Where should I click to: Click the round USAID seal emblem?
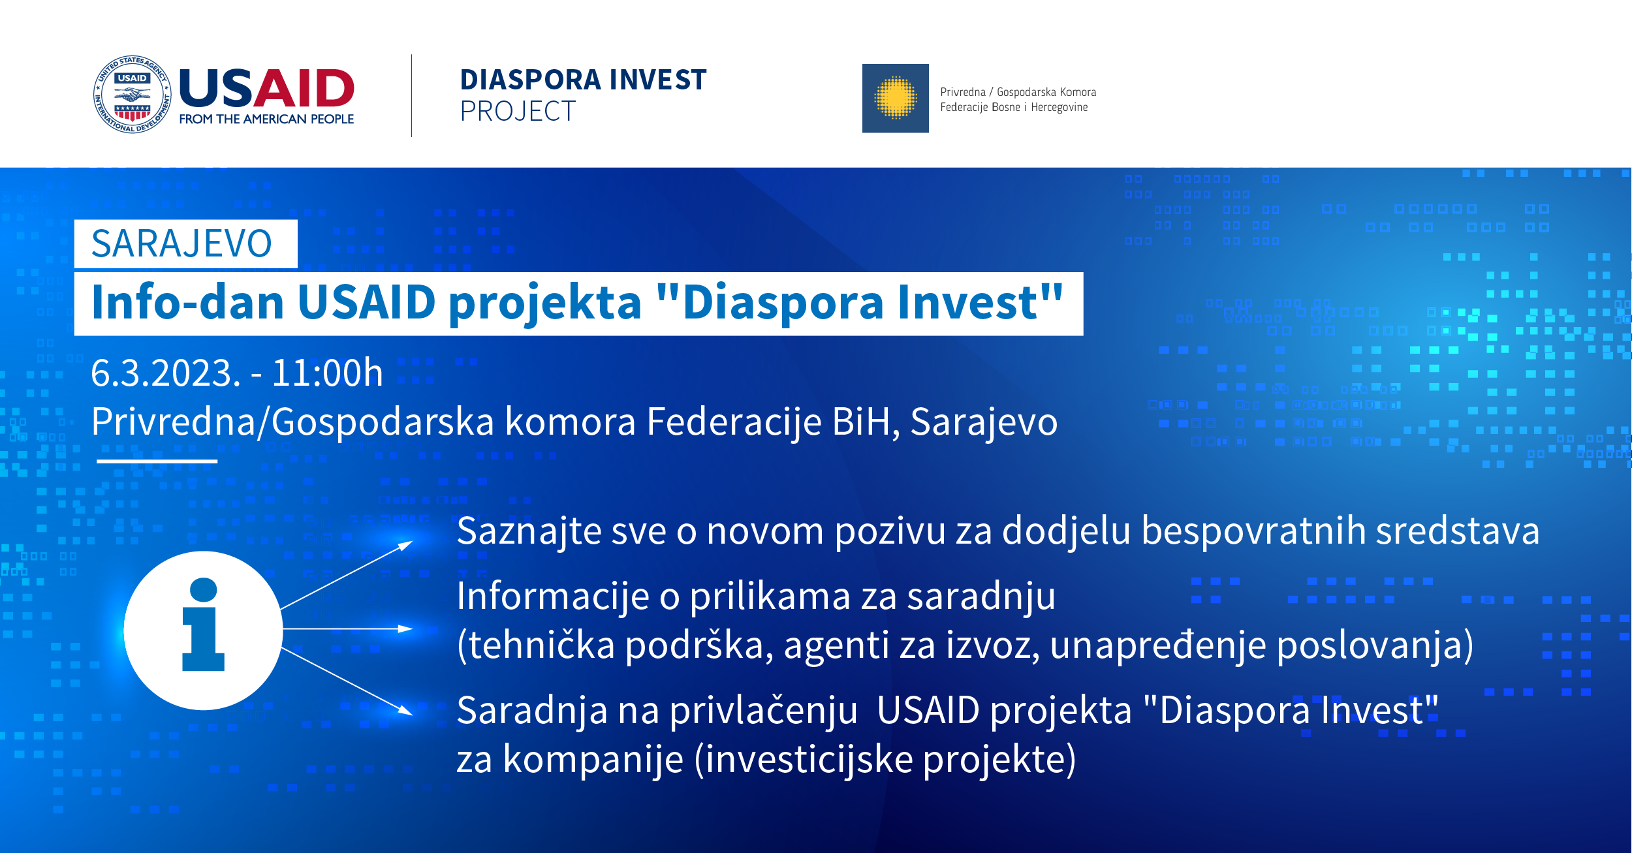pyautogui.click(x=133, y=95)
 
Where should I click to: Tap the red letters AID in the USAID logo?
pyautogui.click(x=304, y=88)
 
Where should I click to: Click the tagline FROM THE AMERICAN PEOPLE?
pyautogui.click(x=266, y=119)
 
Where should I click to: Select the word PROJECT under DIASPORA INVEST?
pyautogui.click(x=518, y=112)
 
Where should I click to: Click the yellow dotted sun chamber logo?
pyautogui.click(x=895, y=99)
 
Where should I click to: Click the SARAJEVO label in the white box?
pyautogui.click(x=181, y=244)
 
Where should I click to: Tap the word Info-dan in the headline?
pyautogui.click(x=188, y=302)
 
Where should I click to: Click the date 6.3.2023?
pyautogui.click(x=165, y=373)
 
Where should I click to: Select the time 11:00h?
pyautogui.click(x=327, y=373)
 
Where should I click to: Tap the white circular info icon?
pyautogui.click(x=203, y=630)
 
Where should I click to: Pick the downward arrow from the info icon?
pyautogui.click(x=346, y=681)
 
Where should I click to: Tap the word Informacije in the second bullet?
pyautogui.click(x=553, y=597)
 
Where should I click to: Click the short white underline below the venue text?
pyautogui.click(x=157, y=461)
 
